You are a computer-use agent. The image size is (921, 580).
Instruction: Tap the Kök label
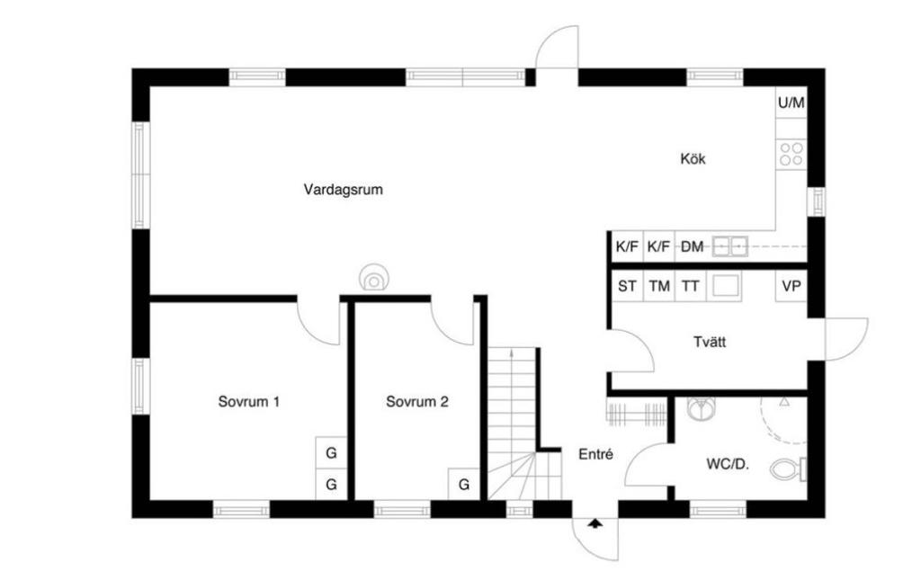pos(693,159)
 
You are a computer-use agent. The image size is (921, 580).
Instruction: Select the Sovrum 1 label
pos(248,402)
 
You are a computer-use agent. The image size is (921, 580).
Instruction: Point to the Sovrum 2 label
pos(416,402)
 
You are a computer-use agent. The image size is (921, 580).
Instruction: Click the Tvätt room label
pos(710,343)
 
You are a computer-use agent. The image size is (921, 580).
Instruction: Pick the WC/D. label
pos(728,465)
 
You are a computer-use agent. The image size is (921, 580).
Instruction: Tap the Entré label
pos(595,455)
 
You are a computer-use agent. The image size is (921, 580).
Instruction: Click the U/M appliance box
pos(791,103)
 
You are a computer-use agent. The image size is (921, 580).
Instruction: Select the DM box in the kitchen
pos(692,246)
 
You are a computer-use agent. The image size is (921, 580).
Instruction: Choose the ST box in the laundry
pos(627,287)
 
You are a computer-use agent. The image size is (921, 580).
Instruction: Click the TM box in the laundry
pos(659,287)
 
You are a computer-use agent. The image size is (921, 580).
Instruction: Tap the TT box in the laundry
pos(690,287)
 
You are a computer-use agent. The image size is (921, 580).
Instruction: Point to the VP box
pos(791,287)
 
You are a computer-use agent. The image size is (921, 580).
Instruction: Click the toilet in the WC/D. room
pos(789,468)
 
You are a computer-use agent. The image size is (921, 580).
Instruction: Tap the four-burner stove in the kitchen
pos(791,154)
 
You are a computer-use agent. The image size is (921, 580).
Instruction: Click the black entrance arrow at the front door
pos(595,522)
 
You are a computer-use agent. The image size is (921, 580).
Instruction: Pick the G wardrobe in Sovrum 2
pos(464,485)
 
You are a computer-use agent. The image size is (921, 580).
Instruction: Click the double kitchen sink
pos(729,245)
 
